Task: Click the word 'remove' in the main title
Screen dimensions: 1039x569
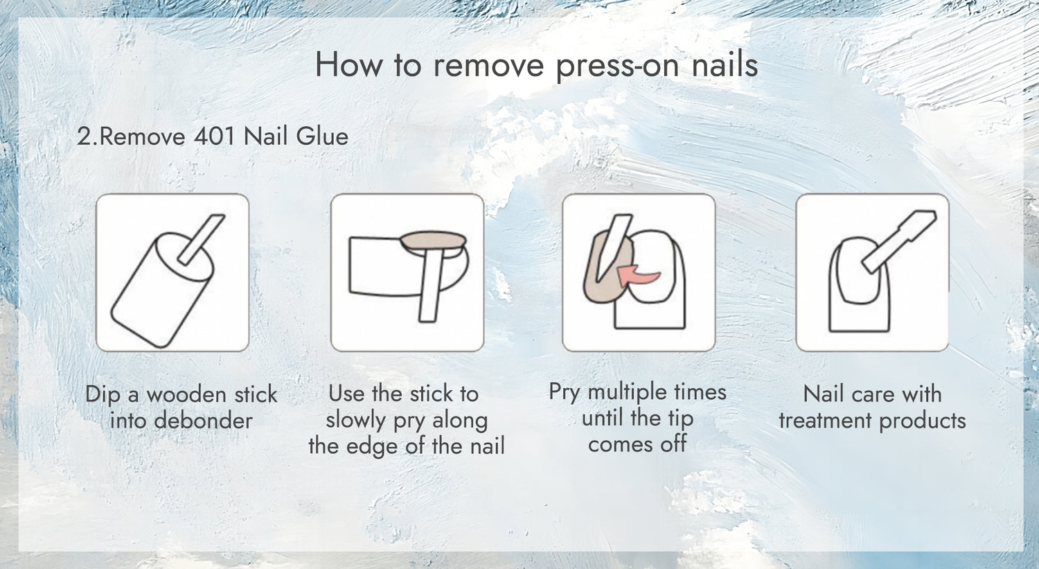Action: point(488,65)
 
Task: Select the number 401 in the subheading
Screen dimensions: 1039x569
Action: point(215,137)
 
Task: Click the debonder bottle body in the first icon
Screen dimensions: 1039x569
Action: point(162,290)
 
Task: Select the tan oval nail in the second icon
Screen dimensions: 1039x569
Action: point(433,240)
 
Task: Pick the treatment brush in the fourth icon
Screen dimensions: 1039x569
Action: point(899,241)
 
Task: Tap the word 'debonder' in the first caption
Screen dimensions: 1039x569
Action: point(203,421)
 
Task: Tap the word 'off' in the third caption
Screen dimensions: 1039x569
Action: point(673,444)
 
